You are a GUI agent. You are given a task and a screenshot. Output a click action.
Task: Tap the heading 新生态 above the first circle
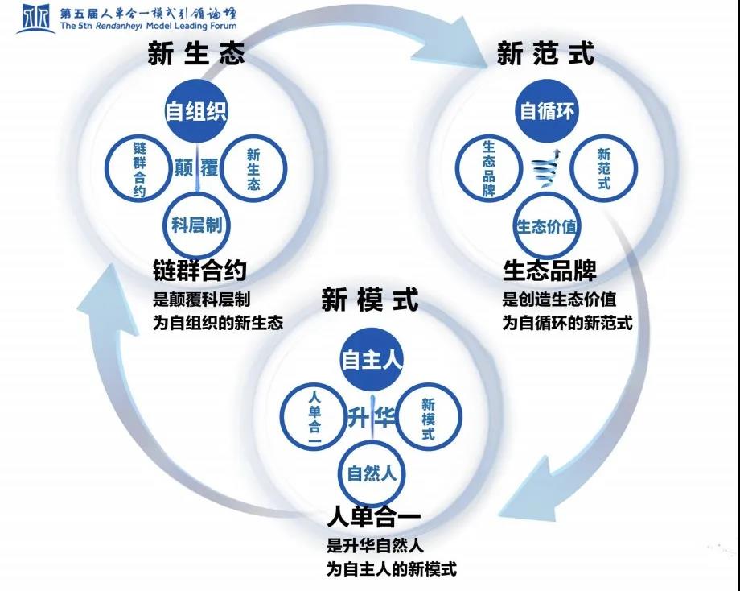(196, 54)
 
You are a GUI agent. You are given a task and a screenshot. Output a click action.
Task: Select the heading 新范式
(545, 54)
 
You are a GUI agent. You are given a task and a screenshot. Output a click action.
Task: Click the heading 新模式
(370, 300)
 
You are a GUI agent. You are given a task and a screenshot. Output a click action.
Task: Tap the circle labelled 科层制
(196, 225)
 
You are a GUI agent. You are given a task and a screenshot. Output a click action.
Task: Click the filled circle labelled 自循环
(547, 110)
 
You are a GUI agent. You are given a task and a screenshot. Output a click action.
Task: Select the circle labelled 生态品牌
(488, 169)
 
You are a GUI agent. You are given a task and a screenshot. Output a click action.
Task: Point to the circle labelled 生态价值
(547, 225)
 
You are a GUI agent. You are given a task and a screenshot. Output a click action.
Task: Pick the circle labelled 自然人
(371, 473)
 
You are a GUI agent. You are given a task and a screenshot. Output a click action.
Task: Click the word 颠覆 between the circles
(196, 168)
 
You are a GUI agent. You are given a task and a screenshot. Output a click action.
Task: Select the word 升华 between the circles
(371, 417)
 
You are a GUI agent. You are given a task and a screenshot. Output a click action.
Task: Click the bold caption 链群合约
(199, 271)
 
